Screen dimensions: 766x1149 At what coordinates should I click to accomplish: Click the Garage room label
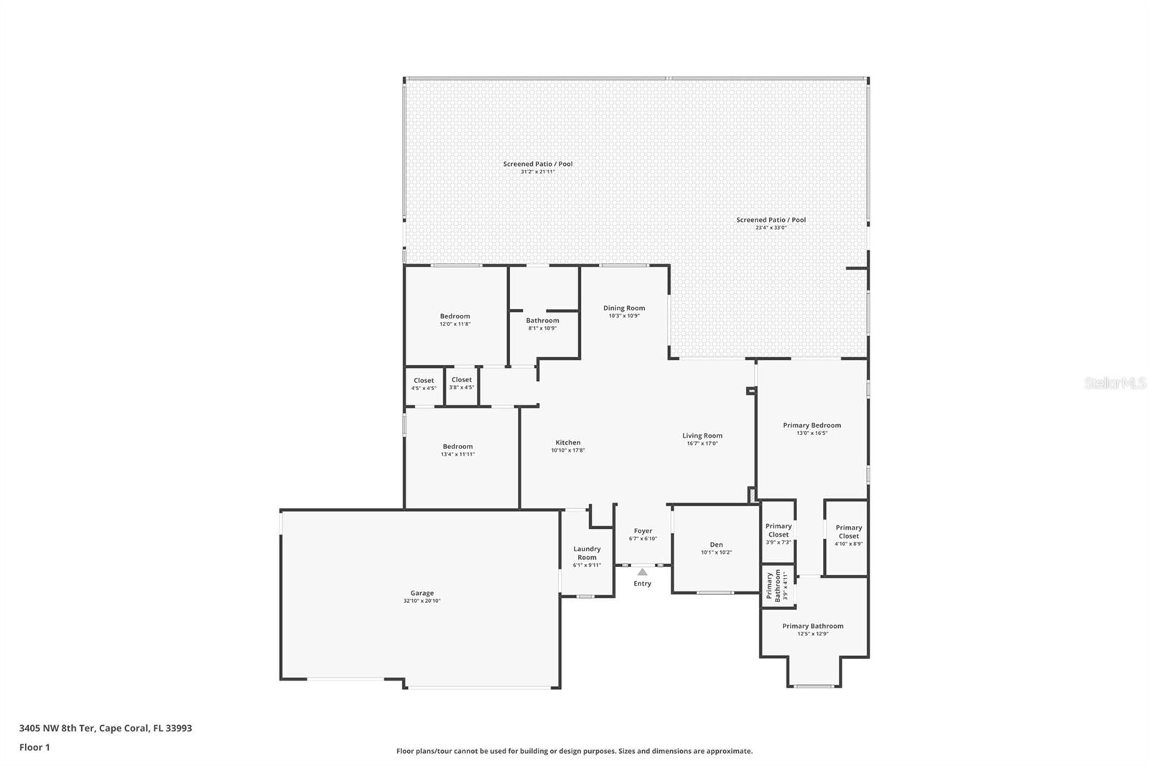coord(422,593)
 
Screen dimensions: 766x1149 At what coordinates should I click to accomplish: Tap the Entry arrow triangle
coord(642,572)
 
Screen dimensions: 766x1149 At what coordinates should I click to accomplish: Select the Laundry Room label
coord(587,553)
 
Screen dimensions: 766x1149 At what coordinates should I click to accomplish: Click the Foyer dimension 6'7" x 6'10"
coord(643,539)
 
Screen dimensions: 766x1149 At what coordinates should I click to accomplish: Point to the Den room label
coord(716,545)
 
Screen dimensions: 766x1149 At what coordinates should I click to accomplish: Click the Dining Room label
coord(624,308)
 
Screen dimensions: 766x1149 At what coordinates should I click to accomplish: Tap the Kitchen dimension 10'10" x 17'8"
coord(568,451)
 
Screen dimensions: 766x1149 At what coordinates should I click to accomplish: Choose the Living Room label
coord(702,435)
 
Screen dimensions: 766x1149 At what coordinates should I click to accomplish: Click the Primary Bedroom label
coord(811,425)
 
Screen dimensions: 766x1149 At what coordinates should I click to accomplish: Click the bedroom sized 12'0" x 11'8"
coord(455,320)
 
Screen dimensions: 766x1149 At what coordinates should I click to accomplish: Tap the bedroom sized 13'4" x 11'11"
coord(457,450)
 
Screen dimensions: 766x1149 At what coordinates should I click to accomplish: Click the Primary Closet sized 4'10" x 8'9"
coord(848,535)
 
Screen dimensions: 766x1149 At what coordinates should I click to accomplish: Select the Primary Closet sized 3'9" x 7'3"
coord(778,534)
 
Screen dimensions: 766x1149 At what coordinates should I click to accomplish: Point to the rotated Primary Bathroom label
coord(773,586)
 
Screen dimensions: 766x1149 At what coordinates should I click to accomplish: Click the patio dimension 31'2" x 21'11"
coord(538,172)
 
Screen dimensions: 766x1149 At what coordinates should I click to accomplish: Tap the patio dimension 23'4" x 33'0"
coord(771,228)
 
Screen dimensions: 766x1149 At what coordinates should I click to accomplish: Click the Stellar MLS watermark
coord(1115,384)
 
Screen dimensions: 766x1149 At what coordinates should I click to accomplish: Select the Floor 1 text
coord(34,747)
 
